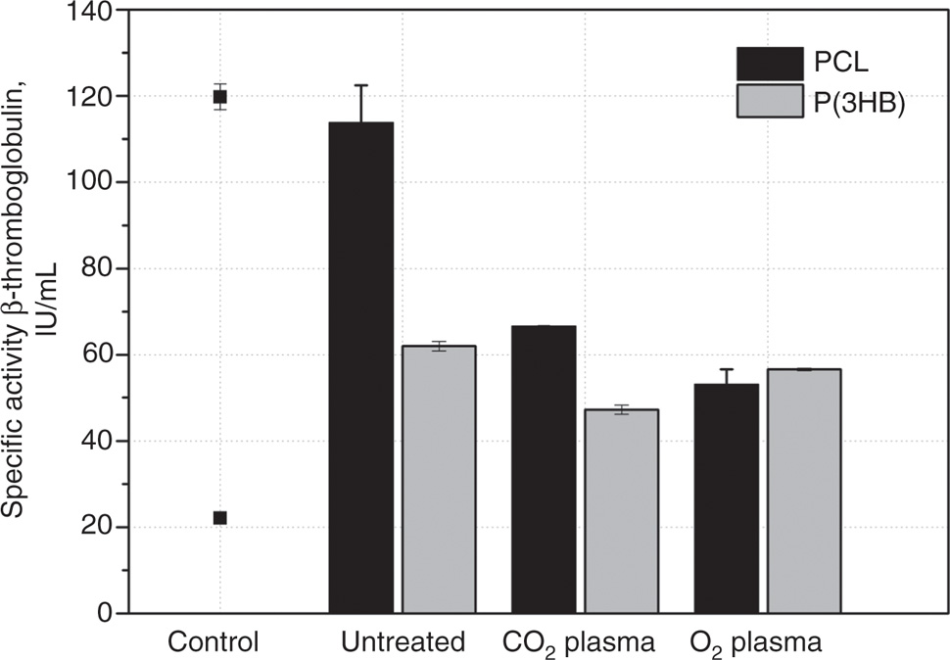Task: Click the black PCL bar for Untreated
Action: (x=361, y=367)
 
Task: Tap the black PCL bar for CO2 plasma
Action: (x=544, y=469)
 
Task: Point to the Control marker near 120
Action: (x=220, y=97)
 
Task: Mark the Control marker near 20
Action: (x=220, y=518)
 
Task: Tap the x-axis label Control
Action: (x=214, y=642)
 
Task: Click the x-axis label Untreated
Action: (x=403, y=642)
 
